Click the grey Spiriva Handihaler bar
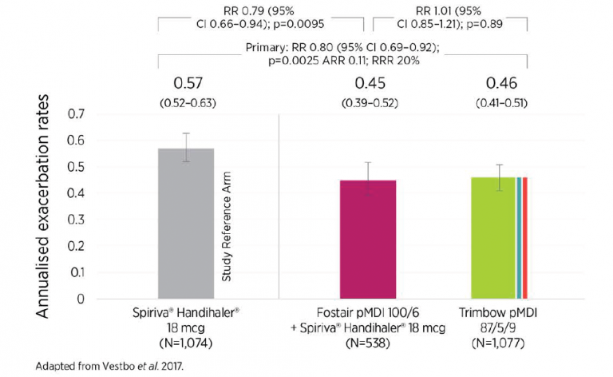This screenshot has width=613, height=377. point(186,224)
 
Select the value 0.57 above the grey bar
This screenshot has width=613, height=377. point(190,83)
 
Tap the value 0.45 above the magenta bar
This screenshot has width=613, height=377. point(370,83)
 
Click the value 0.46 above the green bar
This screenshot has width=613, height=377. point(503,83)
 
